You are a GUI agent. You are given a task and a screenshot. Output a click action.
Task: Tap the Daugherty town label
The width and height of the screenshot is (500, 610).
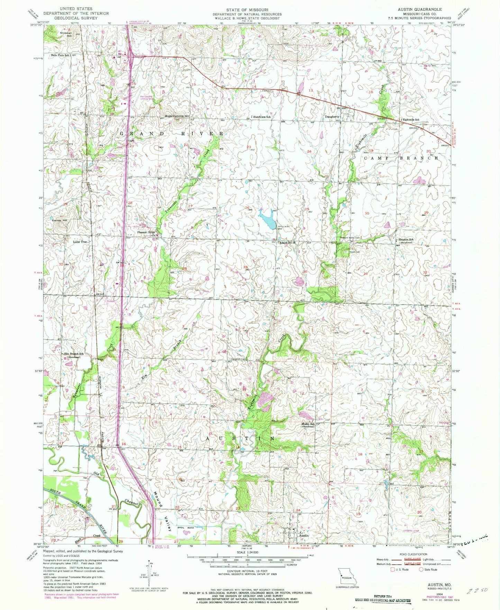(332, 117)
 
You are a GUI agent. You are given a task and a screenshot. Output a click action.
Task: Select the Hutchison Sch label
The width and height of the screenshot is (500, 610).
(262, 117)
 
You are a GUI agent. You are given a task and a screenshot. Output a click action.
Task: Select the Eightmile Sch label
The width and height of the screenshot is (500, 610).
(411, 120)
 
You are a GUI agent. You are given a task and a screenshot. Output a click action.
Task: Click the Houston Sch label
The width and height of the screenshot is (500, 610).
(406, 240)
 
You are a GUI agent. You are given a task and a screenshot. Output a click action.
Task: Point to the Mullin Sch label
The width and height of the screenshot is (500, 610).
(307, 424)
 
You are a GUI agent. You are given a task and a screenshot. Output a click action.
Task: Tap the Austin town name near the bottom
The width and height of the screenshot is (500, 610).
(303, 535)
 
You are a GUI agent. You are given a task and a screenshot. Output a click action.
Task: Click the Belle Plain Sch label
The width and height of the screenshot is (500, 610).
(61, 55)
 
